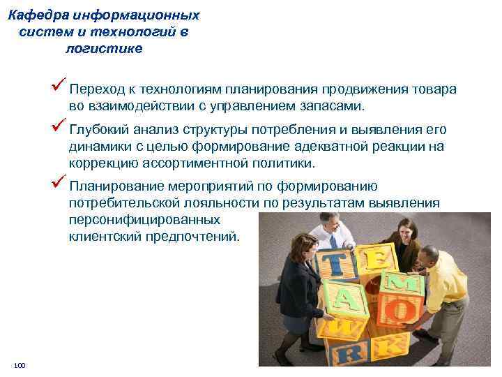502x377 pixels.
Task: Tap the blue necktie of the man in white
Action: (333, 240)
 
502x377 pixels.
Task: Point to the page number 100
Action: (19, 366)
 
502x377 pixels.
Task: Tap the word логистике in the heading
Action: (103, 48)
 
